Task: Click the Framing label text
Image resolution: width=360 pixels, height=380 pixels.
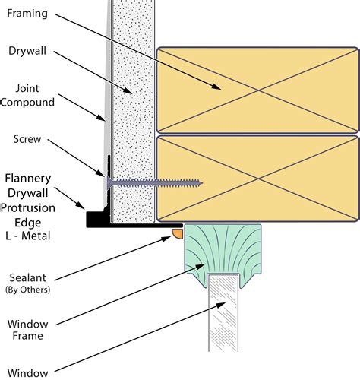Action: tap(27, 14)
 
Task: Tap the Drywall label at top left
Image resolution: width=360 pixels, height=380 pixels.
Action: tap(27, 51)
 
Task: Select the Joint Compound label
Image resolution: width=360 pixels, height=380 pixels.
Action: tap(27, 95)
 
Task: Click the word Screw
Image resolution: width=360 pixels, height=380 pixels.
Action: tap(27, 139)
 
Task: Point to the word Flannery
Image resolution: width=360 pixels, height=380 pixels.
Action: tap(28, 179)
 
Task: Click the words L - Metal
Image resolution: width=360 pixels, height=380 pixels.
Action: tap(28, 236)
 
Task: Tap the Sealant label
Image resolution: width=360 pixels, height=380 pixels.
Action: tap(28, 278)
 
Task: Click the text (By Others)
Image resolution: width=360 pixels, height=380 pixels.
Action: tap(28, 290)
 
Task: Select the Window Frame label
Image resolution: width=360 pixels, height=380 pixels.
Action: tap(28, 330)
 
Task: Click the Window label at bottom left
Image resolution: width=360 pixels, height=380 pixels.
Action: tap(28, 373)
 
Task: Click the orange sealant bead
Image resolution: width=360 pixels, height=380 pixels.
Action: tap(178, 233)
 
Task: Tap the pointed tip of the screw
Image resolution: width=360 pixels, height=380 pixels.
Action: tap(201, 183)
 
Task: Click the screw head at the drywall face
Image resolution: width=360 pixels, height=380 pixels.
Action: tap(109, 183)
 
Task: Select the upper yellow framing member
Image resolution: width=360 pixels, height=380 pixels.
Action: tap(257, 90)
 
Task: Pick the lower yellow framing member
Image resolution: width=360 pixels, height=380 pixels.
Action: tap(257, 179)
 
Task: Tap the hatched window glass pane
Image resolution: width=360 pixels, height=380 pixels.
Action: tap(223, 313)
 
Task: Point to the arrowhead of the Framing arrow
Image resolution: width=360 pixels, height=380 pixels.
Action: tap(216, 87)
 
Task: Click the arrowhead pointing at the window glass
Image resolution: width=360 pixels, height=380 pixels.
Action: tap(221, 306)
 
